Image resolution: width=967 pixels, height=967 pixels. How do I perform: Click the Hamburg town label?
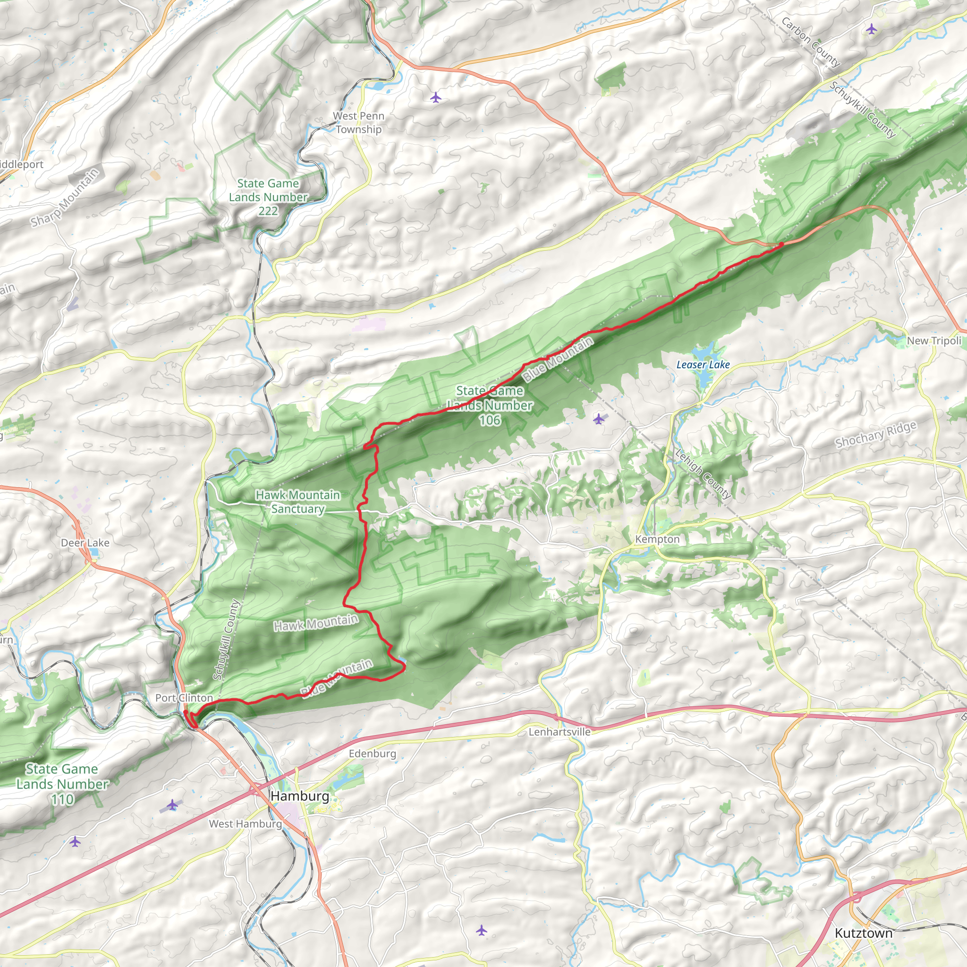pos(300,796)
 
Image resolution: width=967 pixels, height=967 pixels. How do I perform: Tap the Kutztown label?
pos(864,933)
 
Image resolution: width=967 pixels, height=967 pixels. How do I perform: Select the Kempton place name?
pos(657,539)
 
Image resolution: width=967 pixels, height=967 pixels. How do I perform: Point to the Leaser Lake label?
pos(703,365)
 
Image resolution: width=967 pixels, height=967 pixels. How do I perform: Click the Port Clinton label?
pos(184,698)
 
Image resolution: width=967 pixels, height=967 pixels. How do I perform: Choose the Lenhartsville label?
pos(560,732)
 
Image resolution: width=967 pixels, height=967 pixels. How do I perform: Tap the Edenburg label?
pos(373,753)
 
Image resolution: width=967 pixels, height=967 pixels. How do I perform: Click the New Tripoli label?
pos(934,341)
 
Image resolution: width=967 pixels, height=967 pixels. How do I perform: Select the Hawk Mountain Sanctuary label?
pos(298,501)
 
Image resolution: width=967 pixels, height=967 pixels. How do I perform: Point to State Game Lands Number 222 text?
pos(268,197)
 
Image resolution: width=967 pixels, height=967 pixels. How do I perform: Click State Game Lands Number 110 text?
pos(62,784)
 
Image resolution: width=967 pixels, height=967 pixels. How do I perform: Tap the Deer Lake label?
pos(85,543)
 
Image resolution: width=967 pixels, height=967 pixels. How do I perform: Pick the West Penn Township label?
pos(358,123)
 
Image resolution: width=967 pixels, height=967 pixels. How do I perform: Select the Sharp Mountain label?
pos(65,198)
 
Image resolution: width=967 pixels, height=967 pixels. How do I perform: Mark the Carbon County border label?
pos(810,42)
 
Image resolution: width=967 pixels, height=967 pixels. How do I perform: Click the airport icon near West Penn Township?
pos(436,97)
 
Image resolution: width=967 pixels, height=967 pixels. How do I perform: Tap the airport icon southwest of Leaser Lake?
pos(599,418)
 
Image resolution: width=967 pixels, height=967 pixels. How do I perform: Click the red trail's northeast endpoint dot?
pos(781,244)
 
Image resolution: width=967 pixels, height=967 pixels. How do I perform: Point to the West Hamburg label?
pos(245,823)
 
